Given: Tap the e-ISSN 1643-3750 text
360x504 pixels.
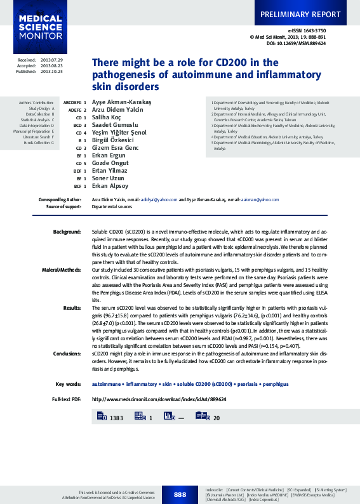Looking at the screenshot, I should [x=307, y=30].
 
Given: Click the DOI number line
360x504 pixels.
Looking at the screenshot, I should [x=296, y=44].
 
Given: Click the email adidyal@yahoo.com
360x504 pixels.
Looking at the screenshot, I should [x=159, y=199].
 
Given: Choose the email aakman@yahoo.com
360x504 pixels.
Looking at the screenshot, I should [x=259, y=199].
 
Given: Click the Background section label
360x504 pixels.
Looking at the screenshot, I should [x=67, y=232].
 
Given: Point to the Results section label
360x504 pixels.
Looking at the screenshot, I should [x=72, y=307].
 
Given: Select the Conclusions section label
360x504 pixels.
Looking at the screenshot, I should [x=67, y=354].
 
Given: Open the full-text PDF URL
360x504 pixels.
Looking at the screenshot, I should [x=159, y=399].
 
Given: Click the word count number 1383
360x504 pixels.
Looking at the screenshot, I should [x=116, y=418].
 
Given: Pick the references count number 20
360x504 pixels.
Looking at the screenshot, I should [x=216, y=418].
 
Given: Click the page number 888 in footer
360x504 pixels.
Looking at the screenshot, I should [x=180, y=494].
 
